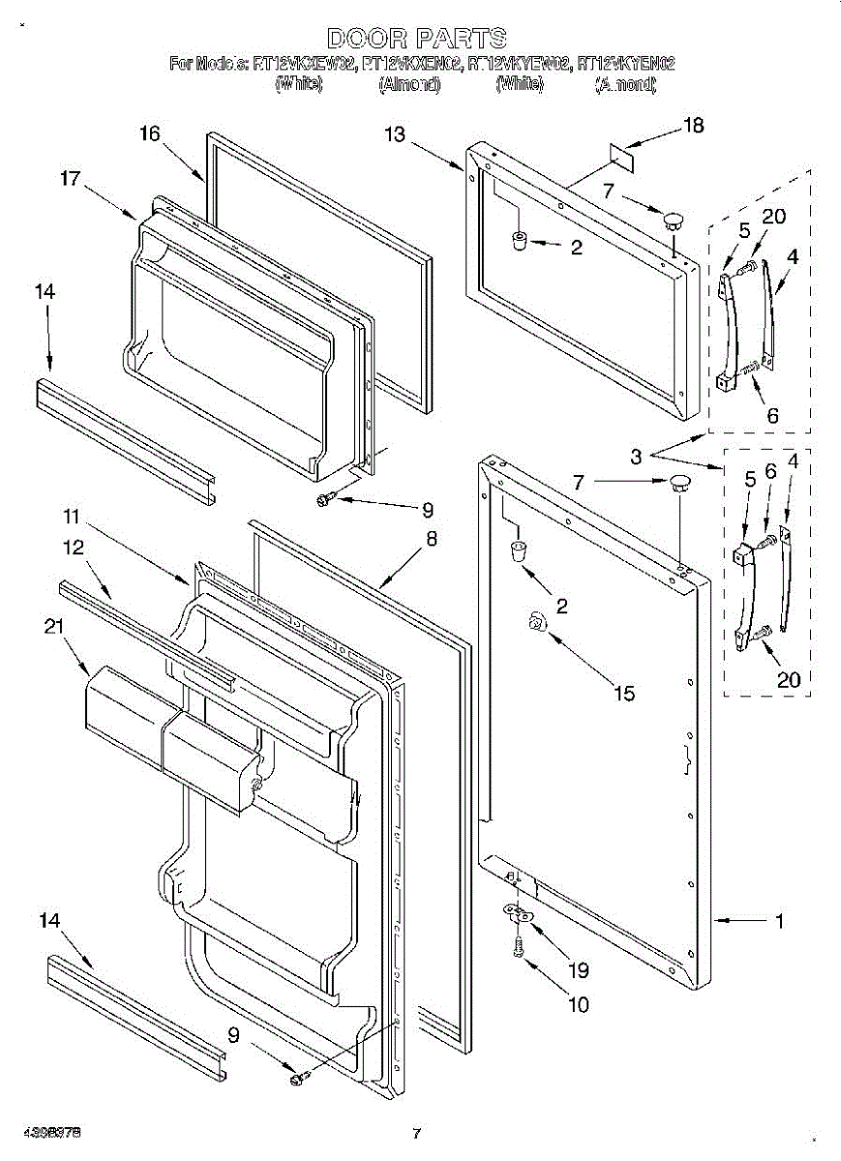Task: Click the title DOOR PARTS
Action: [416, 39]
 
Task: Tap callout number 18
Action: [694, 125]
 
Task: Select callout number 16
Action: [149, 134]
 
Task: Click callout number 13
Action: [395, 134]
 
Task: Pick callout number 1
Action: [779, 921]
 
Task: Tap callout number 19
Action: [579, 969]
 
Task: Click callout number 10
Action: [578, 1004]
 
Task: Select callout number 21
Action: [53, 627]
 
